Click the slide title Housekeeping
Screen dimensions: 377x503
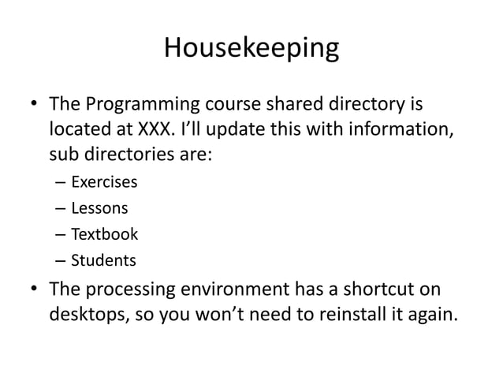(x=251, y=49)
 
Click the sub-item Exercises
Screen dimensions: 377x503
(x=104, y=183)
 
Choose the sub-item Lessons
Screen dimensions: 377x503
(x=99, y=209)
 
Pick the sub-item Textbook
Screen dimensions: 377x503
(x=104, y=234)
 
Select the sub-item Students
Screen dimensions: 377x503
(x=103, y=260)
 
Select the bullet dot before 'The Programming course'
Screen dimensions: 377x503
(x=34, y=105)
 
